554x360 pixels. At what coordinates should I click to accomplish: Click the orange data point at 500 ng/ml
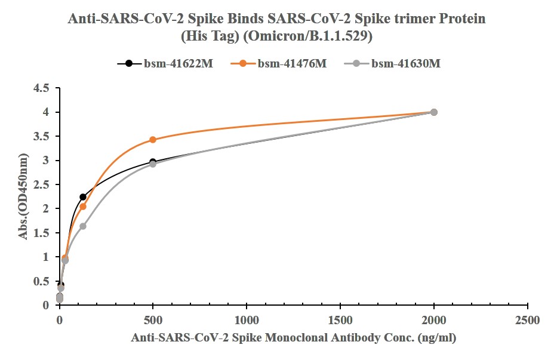click(x=153, y=140)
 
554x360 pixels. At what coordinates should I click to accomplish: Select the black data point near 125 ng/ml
click(x=83, y=197)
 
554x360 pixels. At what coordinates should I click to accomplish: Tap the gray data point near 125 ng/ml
click(x=83, y=226)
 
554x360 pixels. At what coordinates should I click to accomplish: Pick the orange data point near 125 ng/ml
click(x=83, y=207)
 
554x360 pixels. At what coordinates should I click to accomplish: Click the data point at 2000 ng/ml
click(x=434, y=112)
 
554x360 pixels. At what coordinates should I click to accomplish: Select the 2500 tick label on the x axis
click(x=528, y=319)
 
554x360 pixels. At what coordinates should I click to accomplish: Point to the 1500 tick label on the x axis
click(x=340, y=319)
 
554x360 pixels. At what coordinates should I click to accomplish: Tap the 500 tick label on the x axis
click(x=153, y=319)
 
